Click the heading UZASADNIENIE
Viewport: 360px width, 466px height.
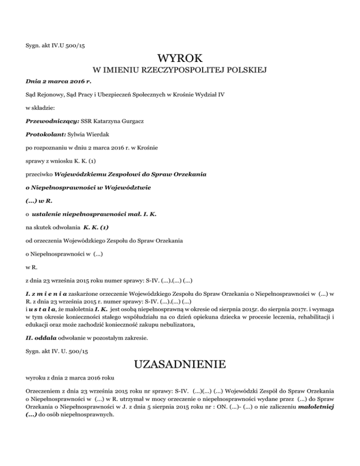coord(180,364)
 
